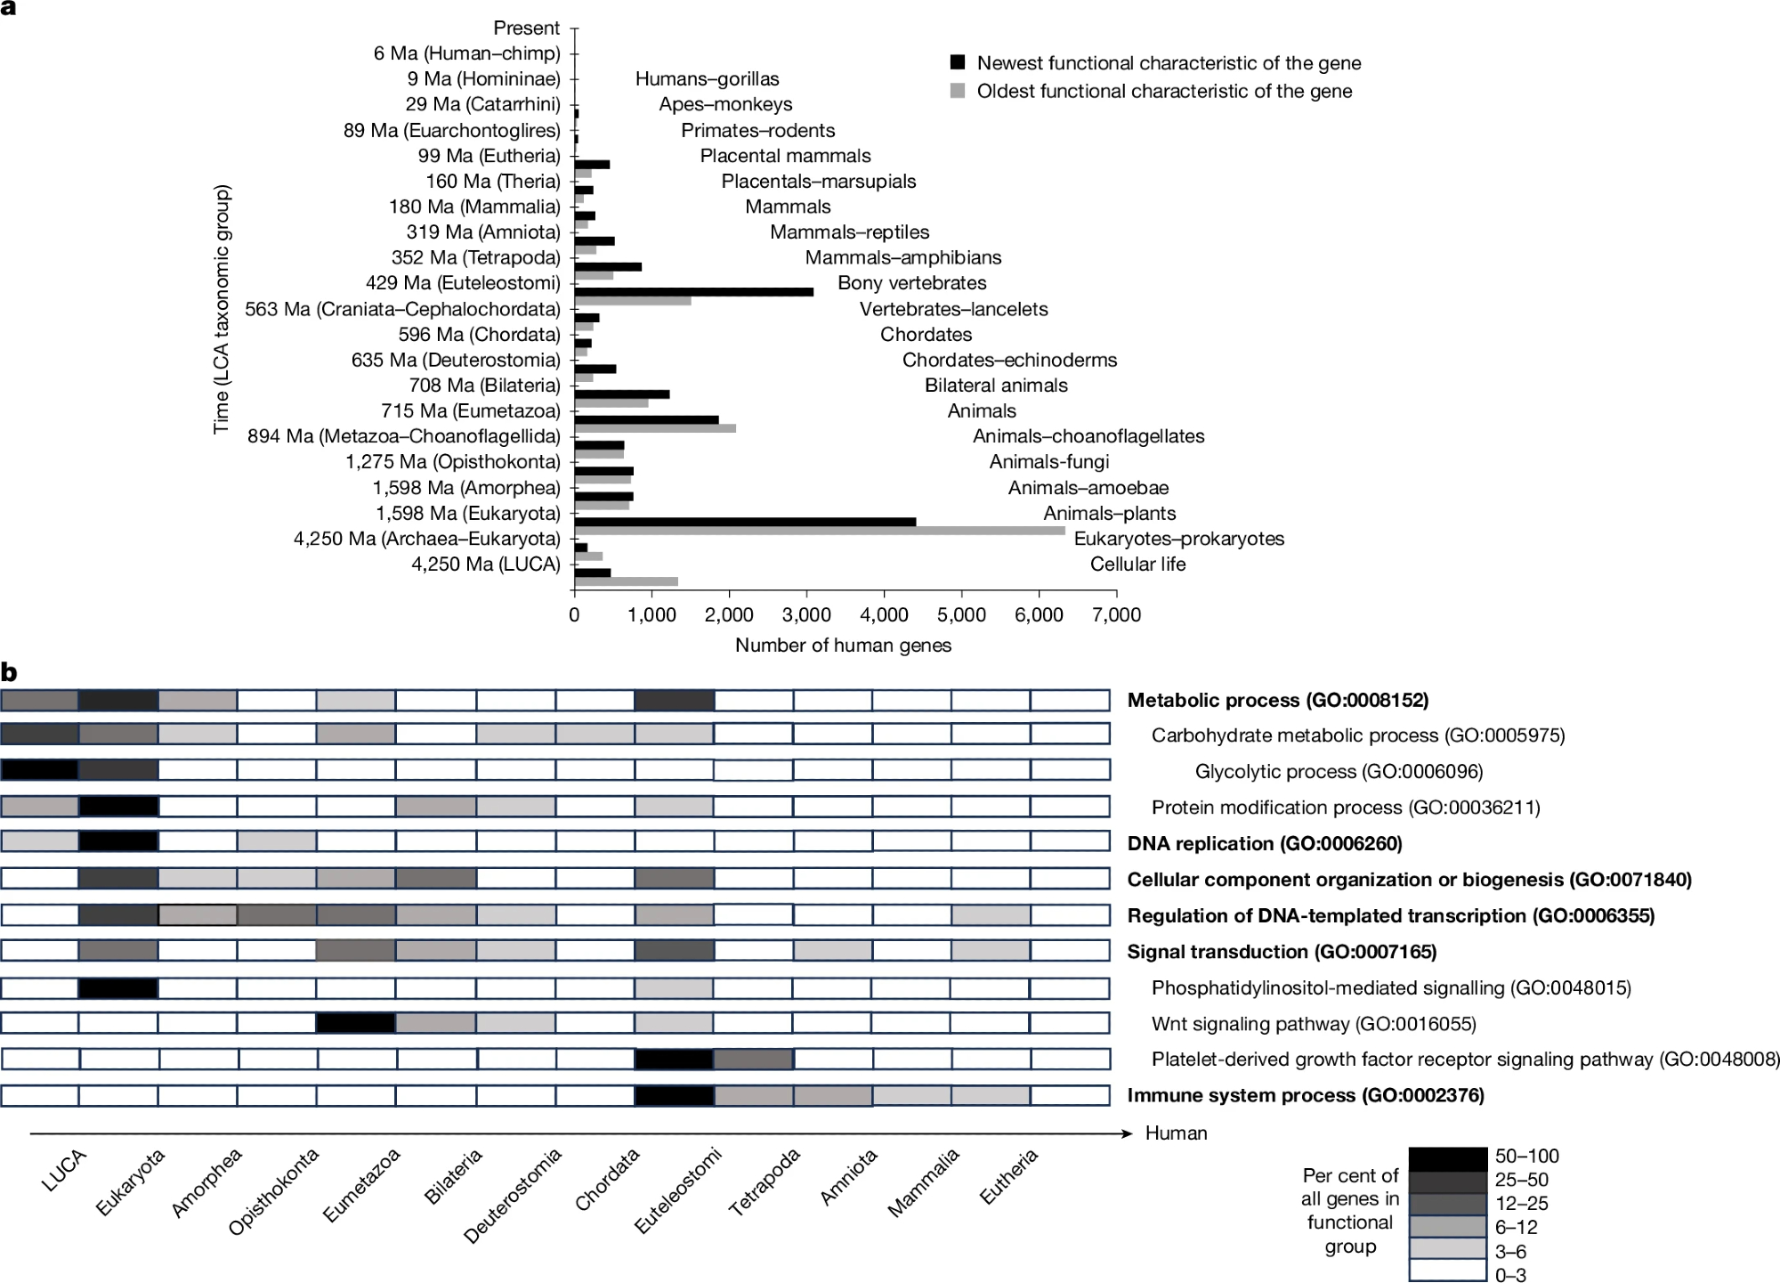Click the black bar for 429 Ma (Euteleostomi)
point(693,291)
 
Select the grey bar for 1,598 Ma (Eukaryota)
point(819,531)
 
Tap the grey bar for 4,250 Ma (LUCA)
point(626,581)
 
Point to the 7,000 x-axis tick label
point(1116,614)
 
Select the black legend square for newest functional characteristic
point(958,62)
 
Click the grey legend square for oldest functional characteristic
point(958,91)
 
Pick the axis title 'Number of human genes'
point(843,646)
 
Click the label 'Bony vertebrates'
point(911,283)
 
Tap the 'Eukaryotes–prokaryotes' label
point(1178,539)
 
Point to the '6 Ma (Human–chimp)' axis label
point(466,53)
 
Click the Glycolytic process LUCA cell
point(40,770)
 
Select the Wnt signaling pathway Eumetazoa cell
point(356,1023)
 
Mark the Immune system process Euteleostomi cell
point(674,1095)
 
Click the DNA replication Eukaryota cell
point(118,841)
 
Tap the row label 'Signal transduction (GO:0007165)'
point(1282,952)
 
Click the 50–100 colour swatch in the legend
point(1447,1157)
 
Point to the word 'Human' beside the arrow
point(1176,1133)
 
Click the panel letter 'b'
point(9,673)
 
